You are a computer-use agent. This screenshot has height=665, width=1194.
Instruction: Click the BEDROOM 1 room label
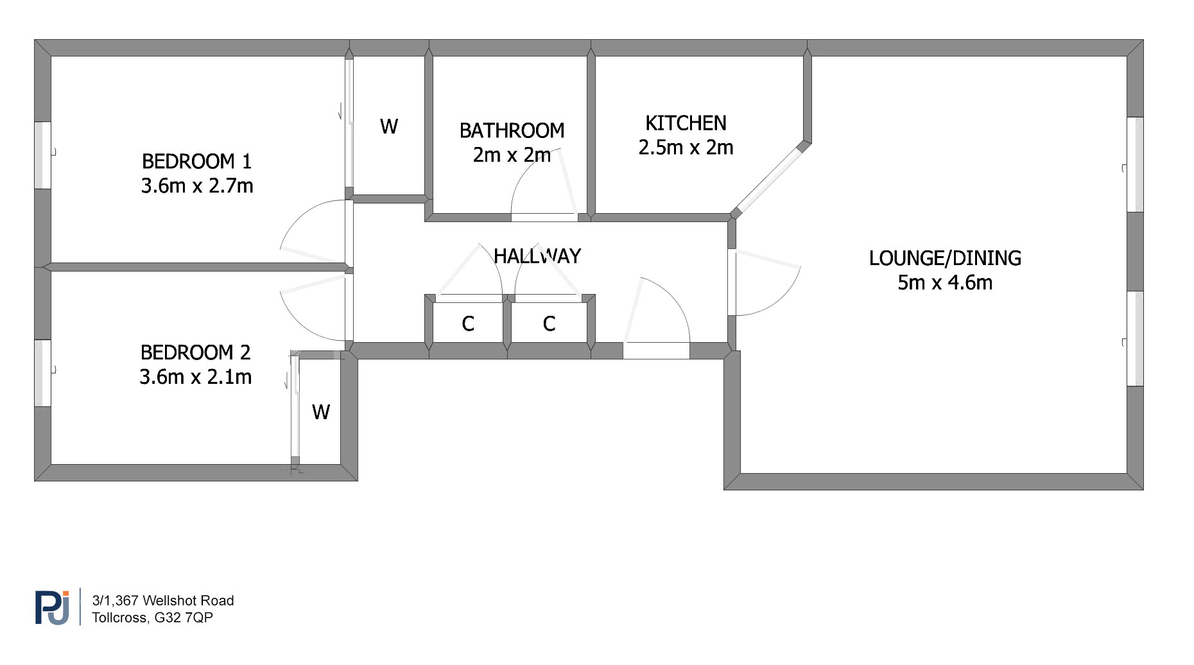click(x=196, y=161)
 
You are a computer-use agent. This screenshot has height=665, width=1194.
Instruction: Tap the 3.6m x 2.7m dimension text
click(x=197, y=186)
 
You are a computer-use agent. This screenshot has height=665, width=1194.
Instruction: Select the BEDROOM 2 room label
click(x=195, y=352)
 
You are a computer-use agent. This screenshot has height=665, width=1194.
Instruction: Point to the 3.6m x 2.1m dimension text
click(x=195, y=377)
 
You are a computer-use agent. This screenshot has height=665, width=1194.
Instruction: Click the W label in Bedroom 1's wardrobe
click(x=389, y=126)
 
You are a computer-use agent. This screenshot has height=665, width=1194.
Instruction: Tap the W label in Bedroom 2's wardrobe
click(x=321, y=412)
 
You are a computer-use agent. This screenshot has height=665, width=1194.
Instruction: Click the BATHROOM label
click(x=512, y=131)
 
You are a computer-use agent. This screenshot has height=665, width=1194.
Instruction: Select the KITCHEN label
click(x=686, y=123)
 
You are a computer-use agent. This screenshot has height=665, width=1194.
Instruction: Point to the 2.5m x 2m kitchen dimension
click(x=686, y=148)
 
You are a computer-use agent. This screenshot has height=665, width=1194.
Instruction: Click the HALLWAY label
click(x=537, y=257)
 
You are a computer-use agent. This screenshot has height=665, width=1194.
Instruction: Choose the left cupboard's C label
click(x=468, y=324)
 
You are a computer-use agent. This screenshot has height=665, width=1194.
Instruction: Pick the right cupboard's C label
click(x=549, y=324)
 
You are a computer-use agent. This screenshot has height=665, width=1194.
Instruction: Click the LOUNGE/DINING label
click(x=945, y=258)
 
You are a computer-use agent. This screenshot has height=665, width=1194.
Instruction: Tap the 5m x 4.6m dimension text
click(x=945, y=282)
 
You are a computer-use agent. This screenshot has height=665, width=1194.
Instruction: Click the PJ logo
click(x=52, y=607)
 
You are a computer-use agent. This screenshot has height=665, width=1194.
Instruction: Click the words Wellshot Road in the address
click(x=188, y=601)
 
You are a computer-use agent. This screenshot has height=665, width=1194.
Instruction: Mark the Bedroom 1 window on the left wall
click(x=42, y=155)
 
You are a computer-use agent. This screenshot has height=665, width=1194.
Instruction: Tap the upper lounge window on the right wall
click(x=1135, y=164)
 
